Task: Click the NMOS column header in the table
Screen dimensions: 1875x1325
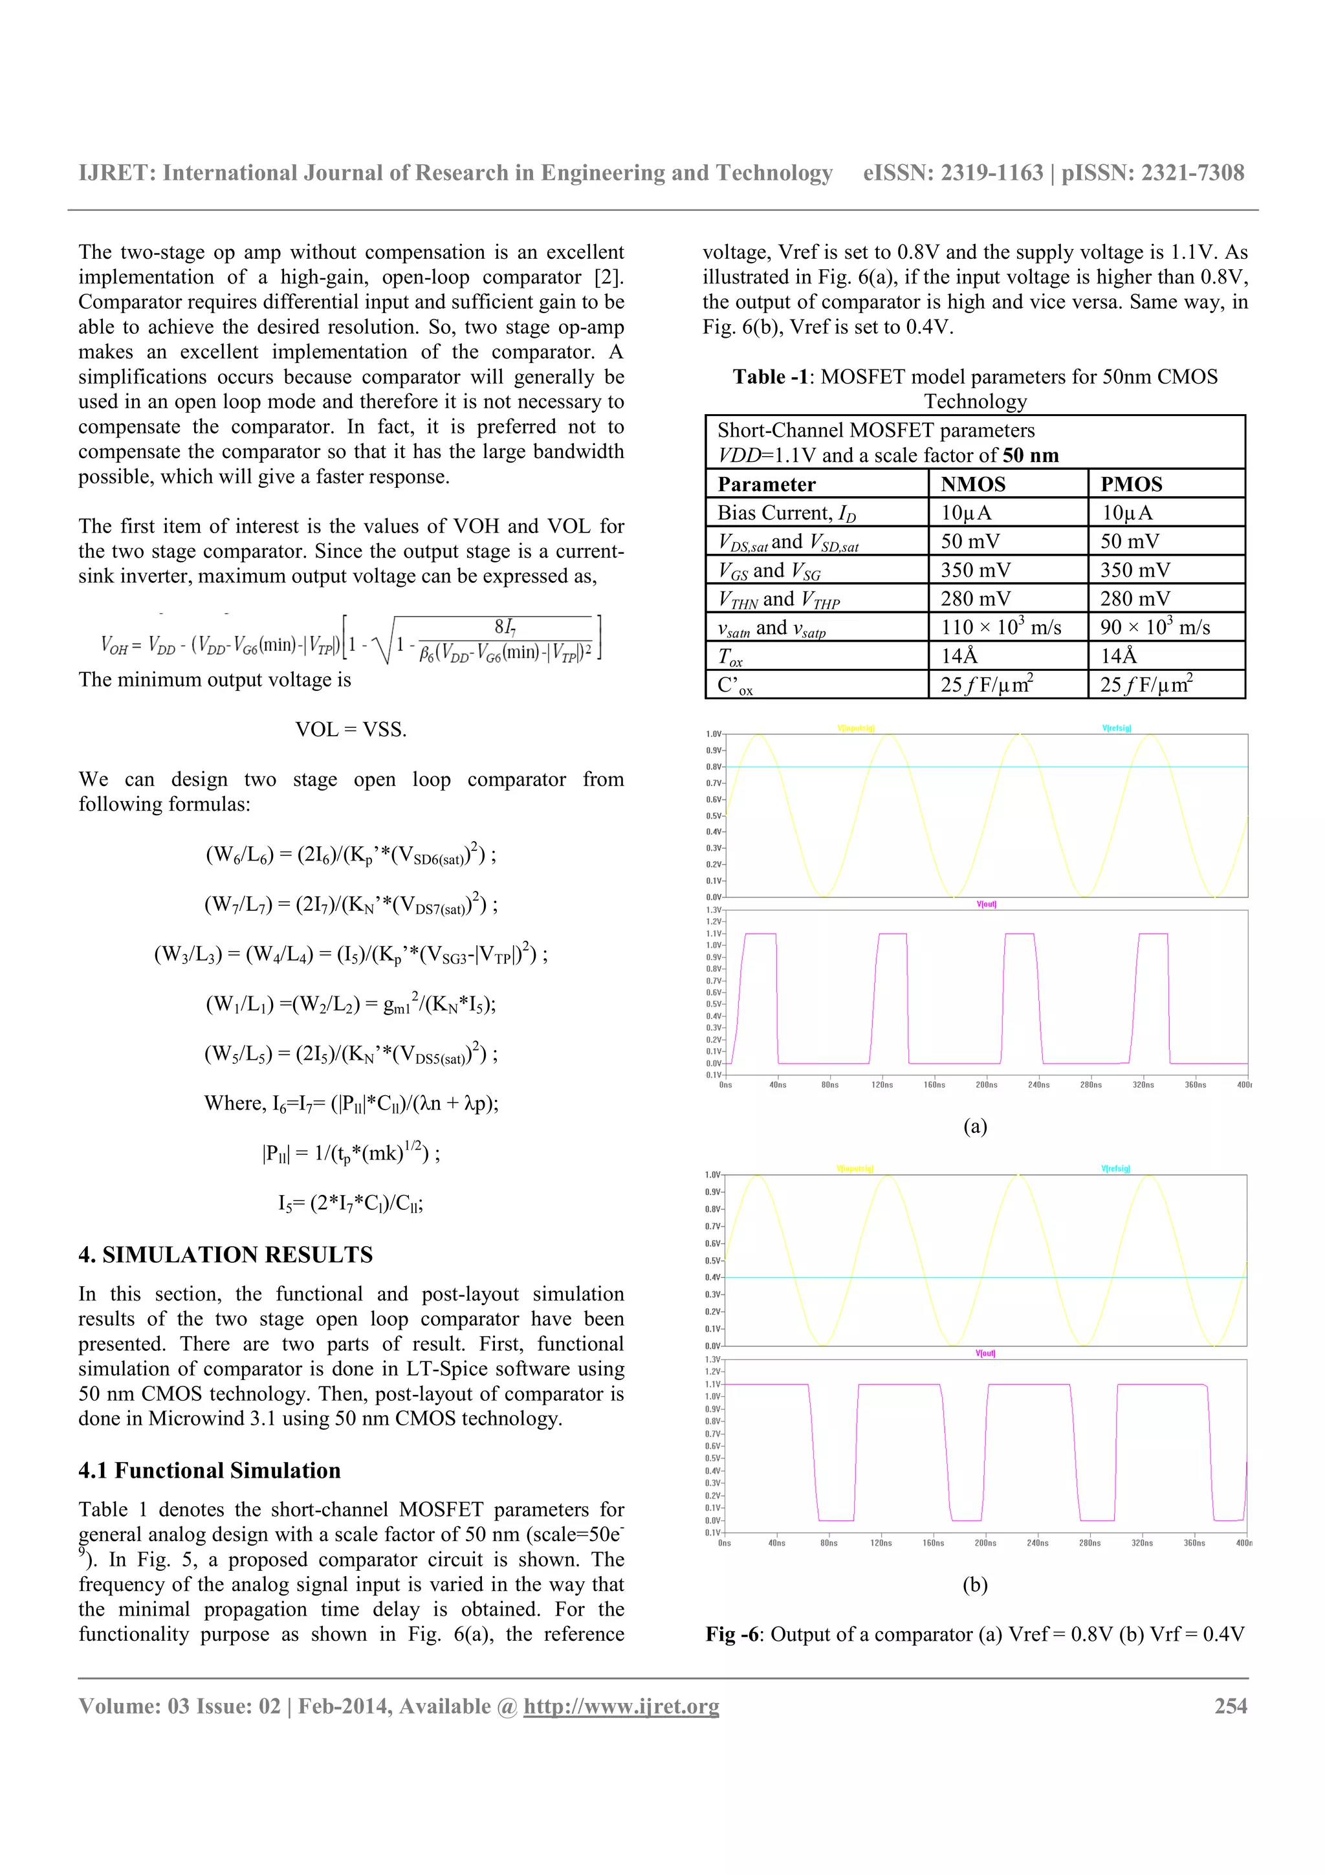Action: click(972, 484)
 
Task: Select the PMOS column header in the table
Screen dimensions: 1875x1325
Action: click(1131, 484)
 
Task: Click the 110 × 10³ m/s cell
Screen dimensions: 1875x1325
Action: click(1000, 627)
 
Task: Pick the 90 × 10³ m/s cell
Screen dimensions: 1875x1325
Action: click(1154, 627)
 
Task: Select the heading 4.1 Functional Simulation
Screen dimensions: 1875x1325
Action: click(209, 1471)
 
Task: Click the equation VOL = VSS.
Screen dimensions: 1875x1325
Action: click(351, 729)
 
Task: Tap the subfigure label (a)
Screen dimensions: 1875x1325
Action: click(975, 1126)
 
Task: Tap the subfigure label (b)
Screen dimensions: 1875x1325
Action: click(975, 1585)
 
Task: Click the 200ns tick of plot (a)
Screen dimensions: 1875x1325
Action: click(986, 1084)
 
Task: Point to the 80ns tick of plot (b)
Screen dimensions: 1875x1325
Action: click(828, 1542)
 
